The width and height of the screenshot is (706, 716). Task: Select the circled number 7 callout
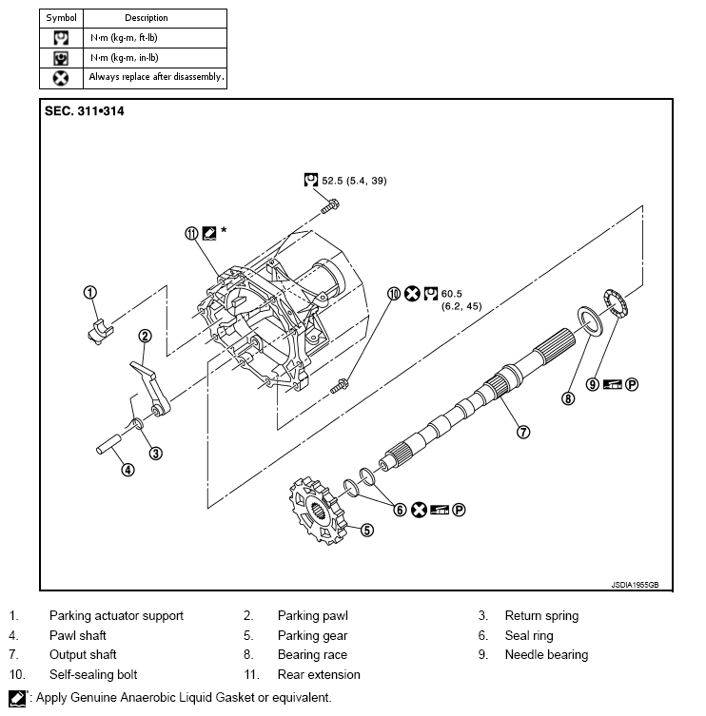click(x=522, y=431)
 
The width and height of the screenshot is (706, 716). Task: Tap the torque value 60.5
click(x=451, y=294)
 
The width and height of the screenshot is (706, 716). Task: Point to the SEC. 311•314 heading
click(x=85, y=111)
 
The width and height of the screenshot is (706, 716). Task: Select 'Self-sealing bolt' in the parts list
click(x=93, y=674)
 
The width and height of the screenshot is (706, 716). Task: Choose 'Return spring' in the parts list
click(x=541, y=615)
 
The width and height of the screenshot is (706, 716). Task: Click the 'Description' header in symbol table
click(x=146, y=18)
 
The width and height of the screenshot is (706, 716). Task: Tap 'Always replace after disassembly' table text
click(x=156, y=76)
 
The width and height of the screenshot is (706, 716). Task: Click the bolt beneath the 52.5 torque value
click(x=329, y=203)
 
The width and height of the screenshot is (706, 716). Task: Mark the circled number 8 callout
click(x=568, y=398)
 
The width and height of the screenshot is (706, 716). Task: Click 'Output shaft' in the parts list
click(x=83, y=654)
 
